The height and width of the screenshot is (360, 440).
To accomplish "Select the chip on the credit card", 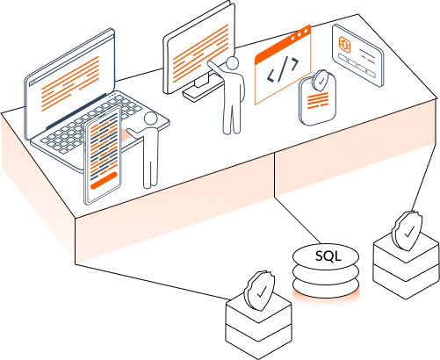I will point(345,44).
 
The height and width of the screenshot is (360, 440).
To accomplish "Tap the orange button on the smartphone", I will point(103,183).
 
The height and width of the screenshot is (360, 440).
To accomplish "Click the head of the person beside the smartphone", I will point(150,119).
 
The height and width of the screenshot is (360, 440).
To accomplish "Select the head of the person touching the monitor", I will point(233,63).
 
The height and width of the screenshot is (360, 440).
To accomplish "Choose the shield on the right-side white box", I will point(404,231).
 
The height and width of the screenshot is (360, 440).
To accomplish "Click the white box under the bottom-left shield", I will point(257,328).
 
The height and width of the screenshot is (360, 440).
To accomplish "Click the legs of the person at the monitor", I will point(233,114).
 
